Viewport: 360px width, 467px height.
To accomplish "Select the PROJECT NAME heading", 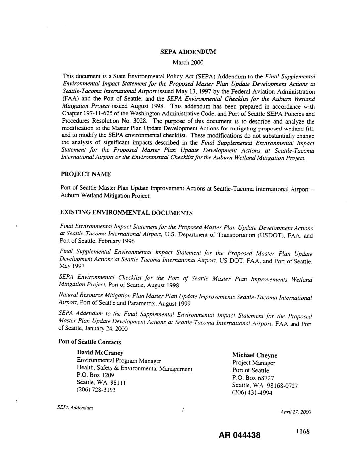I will (x=86, y=174).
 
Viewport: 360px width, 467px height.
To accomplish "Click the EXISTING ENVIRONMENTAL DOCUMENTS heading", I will (x=126, y=212).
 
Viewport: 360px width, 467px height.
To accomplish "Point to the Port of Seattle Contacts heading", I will (x=90, y=342).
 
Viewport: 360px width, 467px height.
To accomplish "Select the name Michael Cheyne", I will (x=254, y=355).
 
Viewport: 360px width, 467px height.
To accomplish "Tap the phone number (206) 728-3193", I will (x=96, y=390).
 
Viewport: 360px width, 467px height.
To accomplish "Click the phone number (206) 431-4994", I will (x=252, y=393).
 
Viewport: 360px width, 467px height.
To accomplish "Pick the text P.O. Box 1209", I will (x=95, y=375).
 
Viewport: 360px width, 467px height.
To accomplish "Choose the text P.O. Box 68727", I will (x=253, y=378).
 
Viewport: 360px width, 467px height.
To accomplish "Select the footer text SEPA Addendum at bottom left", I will (x=75, y=408).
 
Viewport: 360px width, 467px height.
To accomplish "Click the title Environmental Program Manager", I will (x=119, y=361).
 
